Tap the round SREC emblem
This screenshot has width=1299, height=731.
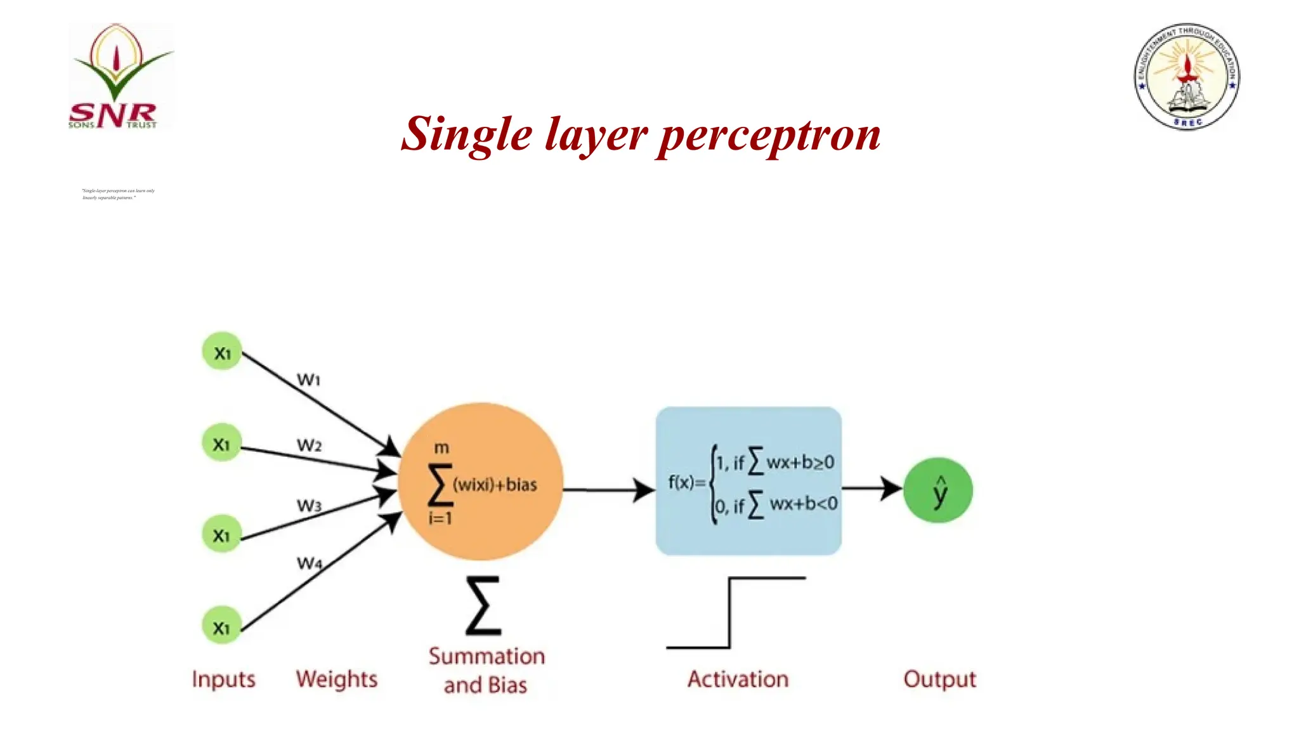pos(1187,77)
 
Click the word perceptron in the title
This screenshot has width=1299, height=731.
pos(769,135)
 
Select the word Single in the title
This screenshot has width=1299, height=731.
pos(467,135)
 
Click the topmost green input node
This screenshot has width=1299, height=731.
pos(222,352)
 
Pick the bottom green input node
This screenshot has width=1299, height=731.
pos(222,626)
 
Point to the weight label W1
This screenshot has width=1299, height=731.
pos(309,379)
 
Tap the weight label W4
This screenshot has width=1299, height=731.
pos(310,563)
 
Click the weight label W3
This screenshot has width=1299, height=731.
pos(310,506)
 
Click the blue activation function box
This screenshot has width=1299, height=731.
pos(748,481)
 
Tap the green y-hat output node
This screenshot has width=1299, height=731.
pos(938,491)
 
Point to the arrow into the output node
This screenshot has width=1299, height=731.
pos(872,489)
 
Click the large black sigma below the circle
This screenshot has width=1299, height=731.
pos(483,606)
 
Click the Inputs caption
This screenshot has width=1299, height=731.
pos(224,679)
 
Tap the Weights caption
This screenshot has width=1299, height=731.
pos(336,679)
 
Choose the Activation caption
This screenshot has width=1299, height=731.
pos(738,679)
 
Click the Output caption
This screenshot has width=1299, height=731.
pos(939,679)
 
